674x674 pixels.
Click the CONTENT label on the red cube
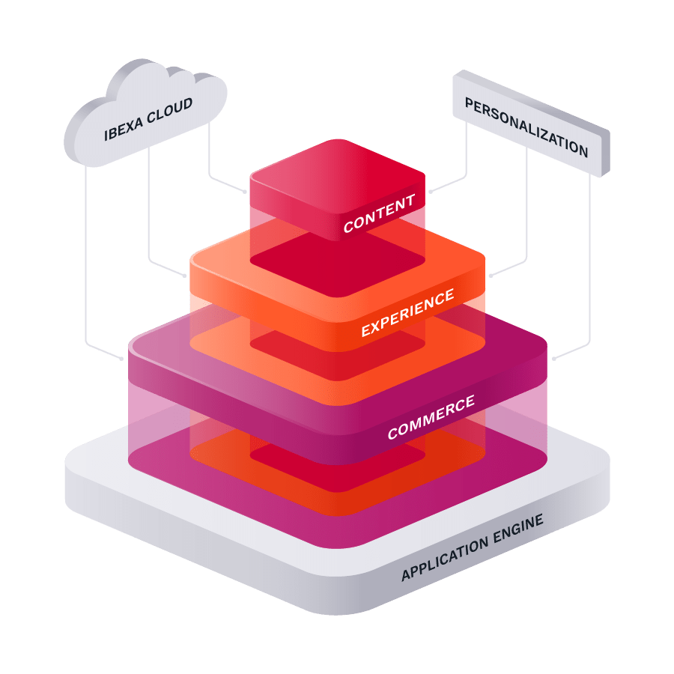[378, 213]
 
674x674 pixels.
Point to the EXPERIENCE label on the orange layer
[407, 312]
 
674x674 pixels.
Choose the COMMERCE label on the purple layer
[431, 418]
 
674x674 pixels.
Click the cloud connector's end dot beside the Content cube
[245, 192]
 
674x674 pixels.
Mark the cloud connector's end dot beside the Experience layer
[185, 276]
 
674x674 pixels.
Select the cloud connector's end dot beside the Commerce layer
[122, 359]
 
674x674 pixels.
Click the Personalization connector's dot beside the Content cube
[430, 192]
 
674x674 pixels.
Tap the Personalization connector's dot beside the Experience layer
[491, 276]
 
